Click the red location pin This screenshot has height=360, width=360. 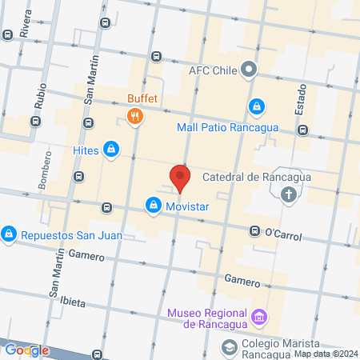coord(180,177)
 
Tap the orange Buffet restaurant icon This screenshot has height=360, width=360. coord(134,118)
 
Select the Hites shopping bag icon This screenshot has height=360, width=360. coord(111,149)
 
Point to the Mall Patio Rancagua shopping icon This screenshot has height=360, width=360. coord(256,106)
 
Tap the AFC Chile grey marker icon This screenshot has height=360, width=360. coord(250,70)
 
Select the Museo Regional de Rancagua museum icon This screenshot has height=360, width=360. coord(258,318)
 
